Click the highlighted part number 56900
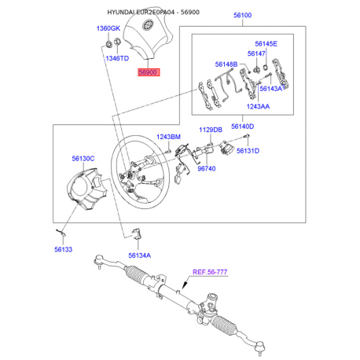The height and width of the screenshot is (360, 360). click(x=149, y=72)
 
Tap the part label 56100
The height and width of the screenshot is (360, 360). click(x=242, y=15)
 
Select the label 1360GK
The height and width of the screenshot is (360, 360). click(x=108, y=28)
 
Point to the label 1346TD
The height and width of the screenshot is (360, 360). click(x=117, y=58)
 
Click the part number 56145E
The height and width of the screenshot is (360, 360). click(x=266, y=44)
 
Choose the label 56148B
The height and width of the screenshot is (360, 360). click(x=226, y=64)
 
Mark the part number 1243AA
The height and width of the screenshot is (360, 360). click(x=258, y=106)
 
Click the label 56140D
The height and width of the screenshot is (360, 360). click(x=242, y=127)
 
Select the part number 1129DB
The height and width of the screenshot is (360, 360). click(x=211, y=130)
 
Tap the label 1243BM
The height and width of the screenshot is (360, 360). click(x=168, y=137)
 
